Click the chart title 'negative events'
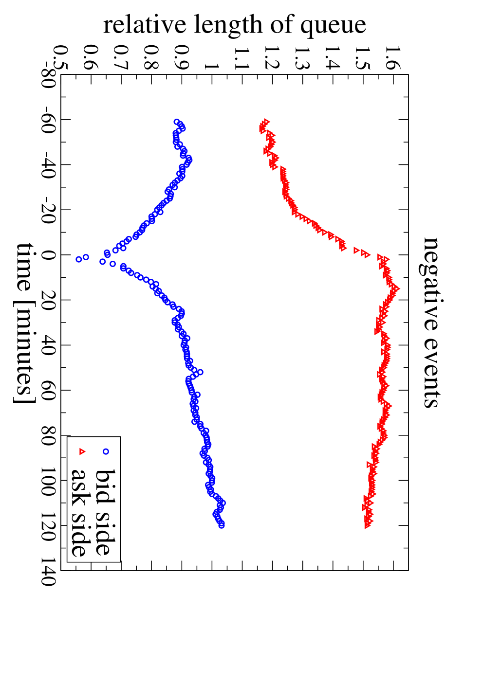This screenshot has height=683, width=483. [430, 323]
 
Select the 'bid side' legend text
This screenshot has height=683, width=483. [106, 512]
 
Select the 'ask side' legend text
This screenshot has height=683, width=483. [81, 512]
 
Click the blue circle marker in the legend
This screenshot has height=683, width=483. [106, 451]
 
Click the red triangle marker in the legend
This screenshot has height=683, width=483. [81, 451]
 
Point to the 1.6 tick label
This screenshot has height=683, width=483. [393, 58]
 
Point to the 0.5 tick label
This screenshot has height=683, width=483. [61, 57]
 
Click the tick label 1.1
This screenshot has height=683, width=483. [242, 58]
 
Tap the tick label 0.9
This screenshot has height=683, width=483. [182, 57]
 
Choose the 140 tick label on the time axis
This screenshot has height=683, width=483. [49, 572]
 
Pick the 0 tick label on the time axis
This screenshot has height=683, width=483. [49, 255]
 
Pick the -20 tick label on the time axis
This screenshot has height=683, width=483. [49, 210]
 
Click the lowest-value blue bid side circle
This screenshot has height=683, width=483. [79, 259]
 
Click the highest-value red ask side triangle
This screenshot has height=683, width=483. [396, 288]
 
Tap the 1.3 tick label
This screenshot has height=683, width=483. [303, 58]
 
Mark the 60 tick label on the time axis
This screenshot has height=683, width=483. [49, 391]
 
